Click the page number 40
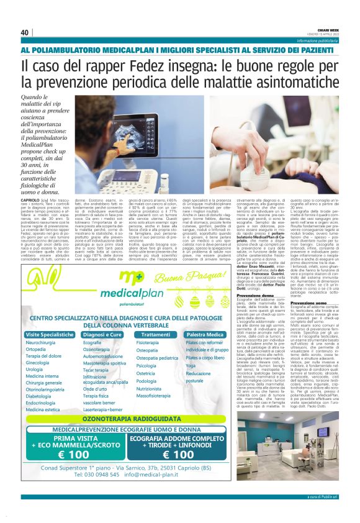point(25,32)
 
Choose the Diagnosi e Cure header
point(102,334)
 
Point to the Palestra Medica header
point(204,334)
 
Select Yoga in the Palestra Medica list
point(190,366)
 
